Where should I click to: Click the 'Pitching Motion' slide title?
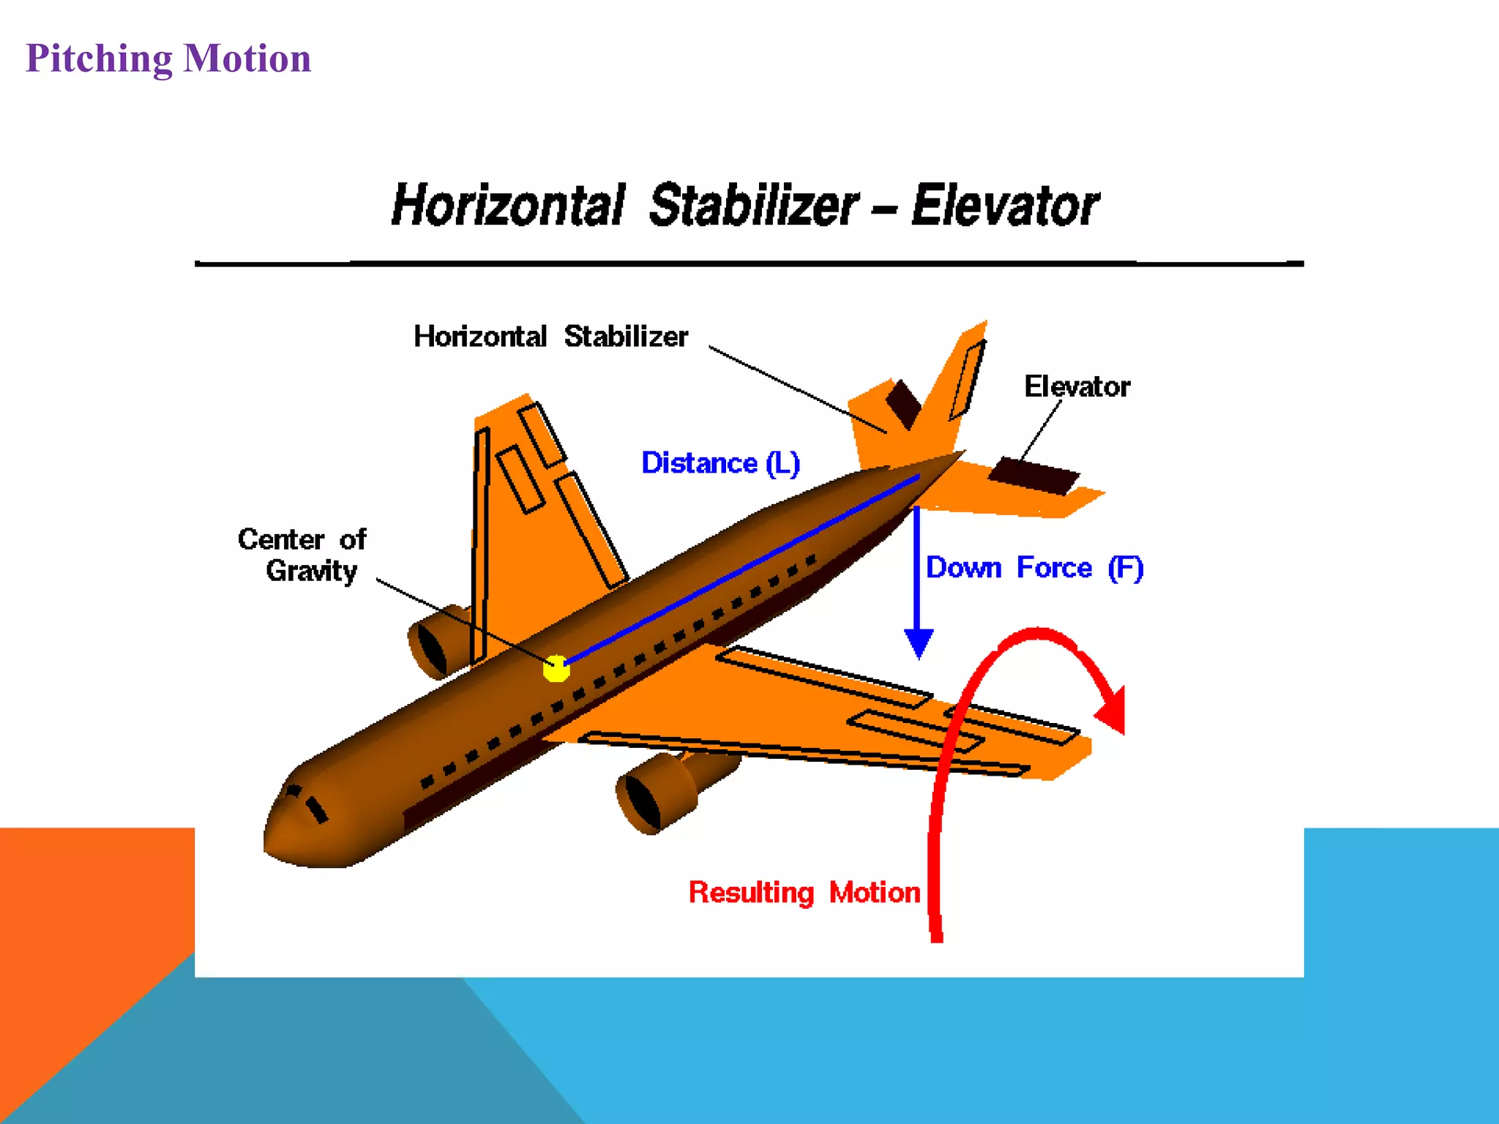click(x=168, y=59)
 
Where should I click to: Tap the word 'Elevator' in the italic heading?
click(x=1004, y=206)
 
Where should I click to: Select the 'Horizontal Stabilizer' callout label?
click(x=550, y=337)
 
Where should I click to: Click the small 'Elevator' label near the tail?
click(x=1076, y=386)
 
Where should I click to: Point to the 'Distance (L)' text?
click(x=720, y=463)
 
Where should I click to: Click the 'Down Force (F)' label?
click(x=1033, y=568)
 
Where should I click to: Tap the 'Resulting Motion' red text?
click(x=804, y=893)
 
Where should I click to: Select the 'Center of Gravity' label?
click(x=302, y=555)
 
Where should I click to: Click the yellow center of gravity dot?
click(x=556, y=668)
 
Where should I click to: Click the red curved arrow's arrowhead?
click(x=1113, y=710)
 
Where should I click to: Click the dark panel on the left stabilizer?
click(x=903, y=403)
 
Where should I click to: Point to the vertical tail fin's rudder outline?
click(x=967, y=381)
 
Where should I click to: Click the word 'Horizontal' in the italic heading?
click(x=508, y=206)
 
